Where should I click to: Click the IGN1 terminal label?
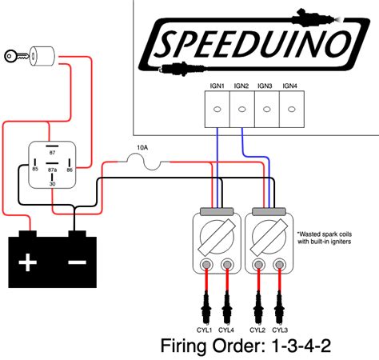[218, 85]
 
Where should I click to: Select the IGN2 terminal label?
[242, 85]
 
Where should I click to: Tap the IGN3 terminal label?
[266, 85]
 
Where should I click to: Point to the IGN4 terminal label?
[290, 85]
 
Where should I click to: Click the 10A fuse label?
[143, 149]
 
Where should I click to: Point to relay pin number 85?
[35, 169]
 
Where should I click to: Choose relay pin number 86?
[70, 169]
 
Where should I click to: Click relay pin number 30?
[53, 185]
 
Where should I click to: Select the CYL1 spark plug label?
[205, 329]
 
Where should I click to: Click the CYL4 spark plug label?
[227, 329]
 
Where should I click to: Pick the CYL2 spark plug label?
[258, 329]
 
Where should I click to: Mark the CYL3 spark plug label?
[280, 329]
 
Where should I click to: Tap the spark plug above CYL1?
[205, 309]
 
